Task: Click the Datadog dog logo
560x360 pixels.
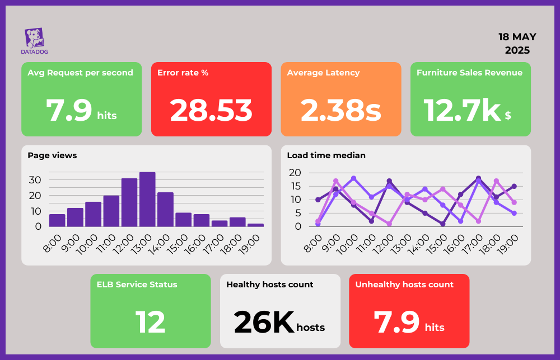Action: coord(35,38)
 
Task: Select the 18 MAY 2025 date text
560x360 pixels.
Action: coord(517,44)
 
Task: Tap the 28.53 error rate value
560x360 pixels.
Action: coord(211,110)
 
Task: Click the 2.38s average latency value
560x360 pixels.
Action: coord(340,110)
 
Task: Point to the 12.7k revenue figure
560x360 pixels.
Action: coord(461,110)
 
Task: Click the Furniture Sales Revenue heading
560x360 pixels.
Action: coord(469,73)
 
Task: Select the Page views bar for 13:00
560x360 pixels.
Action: coord(147,199)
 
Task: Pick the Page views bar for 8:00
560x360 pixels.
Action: coord(57,220)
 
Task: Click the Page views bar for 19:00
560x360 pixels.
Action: coord(255,225)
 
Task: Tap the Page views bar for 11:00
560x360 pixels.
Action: coord(111,211)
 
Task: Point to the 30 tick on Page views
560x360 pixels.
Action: coord(35,180)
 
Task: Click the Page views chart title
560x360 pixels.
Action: coord(52,155)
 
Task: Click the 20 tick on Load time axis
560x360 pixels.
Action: coord(295,173)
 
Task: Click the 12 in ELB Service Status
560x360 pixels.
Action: coord(150,322)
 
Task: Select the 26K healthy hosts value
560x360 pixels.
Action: coord(264,322)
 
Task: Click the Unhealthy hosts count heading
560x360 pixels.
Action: coord(404,285)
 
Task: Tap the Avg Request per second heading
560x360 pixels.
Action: coord(80,73)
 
